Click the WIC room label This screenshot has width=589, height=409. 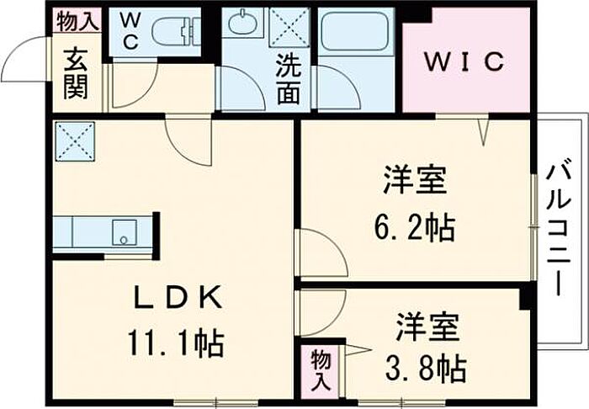[464, 61]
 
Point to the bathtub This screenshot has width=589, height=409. [355, 31]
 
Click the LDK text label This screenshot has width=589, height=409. [178, 298]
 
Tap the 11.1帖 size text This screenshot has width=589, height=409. [176, 343]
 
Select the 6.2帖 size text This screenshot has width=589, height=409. [415, 227]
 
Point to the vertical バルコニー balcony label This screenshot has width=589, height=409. [559, 227]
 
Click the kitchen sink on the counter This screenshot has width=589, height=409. [125, 233]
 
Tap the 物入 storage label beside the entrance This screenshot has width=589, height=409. [77, 22]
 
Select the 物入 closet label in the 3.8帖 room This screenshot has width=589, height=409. [321, 369]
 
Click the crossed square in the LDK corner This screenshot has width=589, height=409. [75, 141]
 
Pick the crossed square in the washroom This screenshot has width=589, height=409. [289, 27]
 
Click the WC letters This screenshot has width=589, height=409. [130, 31]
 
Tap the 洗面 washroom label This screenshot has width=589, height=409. [289, 79]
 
